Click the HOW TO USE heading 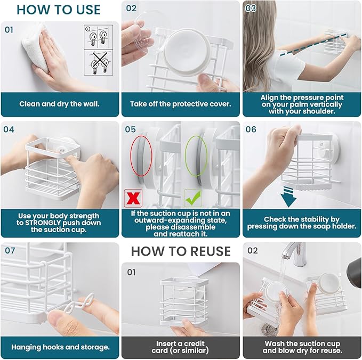click(x=59, y=10)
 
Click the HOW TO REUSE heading click(x=181, y=251)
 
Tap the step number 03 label click(x=251, y=9)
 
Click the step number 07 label click(x=10, y=250)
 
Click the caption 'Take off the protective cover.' click(x=181, y=104)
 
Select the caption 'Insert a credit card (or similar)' click(x=181, y=347)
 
